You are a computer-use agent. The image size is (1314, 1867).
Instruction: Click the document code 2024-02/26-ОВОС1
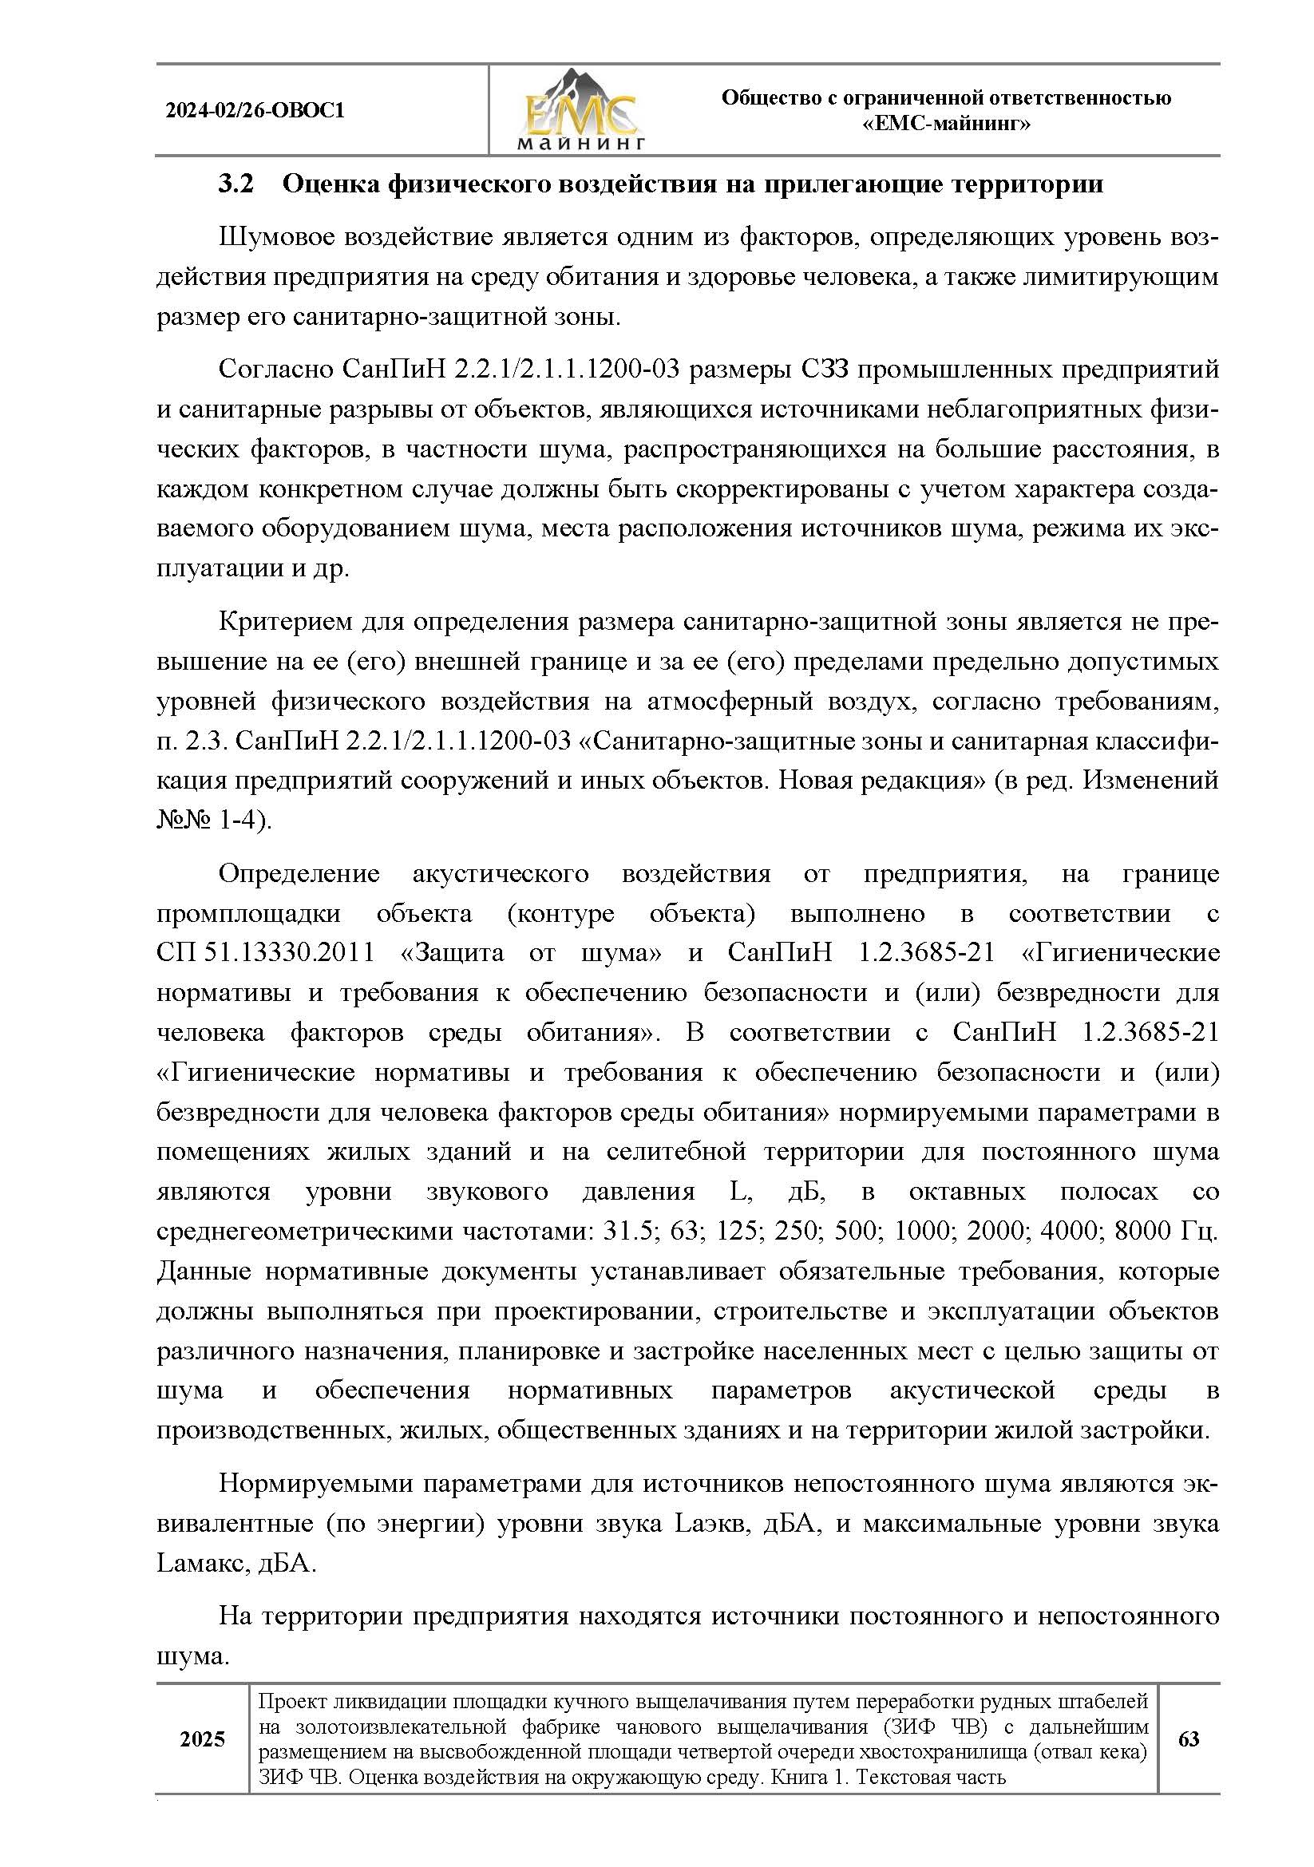coord(255,111)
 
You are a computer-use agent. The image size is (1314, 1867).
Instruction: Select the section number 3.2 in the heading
coord(235,184)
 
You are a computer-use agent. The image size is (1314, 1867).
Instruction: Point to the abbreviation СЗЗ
coord(813,370)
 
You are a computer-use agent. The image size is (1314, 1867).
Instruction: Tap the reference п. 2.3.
coord(185,742)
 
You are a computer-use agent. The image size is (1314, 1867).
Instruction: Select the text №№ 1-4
coord(213,821)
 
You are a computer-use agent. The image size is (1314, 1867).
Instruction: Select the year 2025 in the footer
coord(203,1739)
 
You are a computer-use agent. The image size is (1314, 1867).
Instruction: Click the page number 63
coord(1189,1739)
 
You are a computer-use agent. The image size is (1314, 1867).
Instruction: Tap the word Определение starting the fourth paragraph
coord(299,873)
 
